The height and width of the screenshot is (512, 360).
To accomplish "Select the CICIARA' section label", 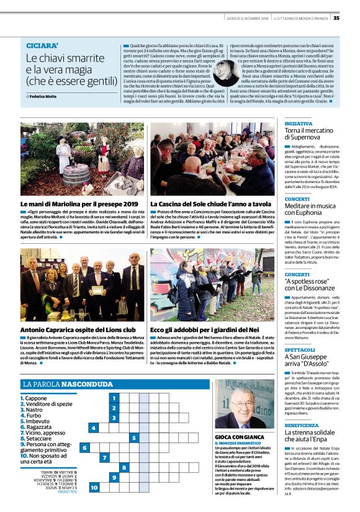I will click(x=42, y=46).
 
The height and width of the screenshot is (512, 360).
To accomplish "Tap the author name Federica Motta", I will click(x=42, y=96).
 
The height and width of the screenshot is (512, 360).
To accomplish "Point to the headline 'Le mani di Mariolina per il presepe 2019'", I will click(x=79, y=204).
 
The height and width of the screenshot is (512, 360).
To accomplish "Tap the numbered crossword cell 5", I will click(x=134, y=438).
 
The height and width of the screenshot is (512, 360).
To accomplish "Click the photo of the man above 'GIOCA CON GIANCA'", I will click(x=244, y=404).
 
